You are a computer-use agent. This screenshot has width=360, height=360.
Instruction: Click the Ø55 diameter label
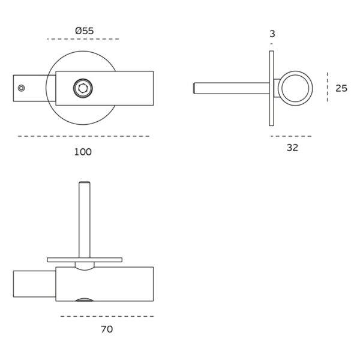(x=85, y=31)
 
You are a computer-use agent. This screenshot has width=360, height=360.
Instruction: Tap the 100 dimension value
(x=83, y=152)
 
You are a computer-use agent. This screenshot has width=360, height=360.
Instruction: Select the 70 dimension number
(x=107, y=329)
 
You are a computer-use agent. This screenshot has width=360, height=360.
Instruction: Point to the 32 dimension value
(x=292, y=148)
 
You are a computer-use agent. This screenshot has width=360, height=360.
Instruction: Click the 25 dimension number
(x=341, y=88)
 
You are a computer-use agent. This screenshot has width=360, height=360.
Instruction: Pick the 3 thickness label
(x=272, y=34)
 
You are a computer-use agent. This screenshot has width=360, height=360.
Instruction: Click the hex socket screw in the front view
(x=83, y=88)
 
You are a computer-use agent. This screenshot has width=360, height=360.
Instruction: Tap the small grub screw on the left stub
(x=22, y=88)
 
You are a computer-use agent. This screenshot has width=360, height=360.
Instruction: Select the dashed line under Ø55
(x=83, y=39)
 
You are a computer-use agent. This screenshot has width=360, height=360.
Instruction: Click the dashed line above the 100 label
(x=84, y=136)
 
